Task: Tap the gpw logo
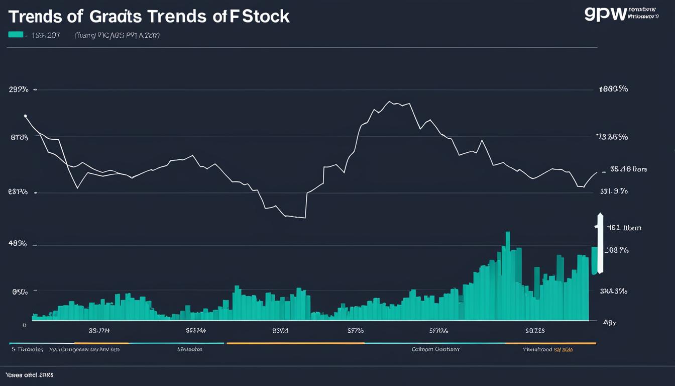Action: tap(606, 14)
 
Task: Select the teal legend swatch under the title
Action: tap(16, 35)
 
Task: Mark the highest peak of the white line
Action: tap(390, 102)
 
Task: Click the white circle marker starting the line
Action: tap(25, 116)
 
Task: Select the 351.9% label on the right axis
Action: tap(614, 191)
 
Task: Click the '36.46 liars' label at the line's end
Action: tap(628, 169)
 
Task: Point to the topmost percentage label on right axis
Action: tap(613, 89)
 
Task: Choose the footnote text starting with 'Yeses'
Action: tap(29, 375)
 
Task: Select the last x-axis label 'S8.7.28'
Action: tap(534, 331)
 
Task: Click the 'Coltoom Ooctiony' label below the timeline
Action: tap(435, 349)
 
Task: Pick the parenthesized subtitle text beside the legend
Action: tap(117, 35)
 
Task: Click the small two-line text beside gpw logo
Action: tap(643, 13)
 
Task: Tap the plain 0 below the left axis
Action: tap(24, 325)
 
